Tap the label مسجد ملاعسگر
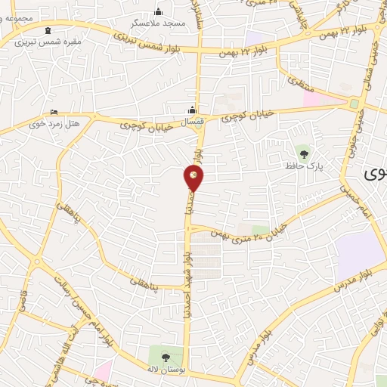tap(158, 23)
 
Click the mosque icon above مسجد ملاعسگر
tap(158, 11)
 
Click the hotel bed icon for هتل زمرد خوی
tap(54, 111)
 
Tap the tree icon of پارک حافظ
tap(304, 154)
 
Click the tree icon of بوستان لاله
tap(166, 357)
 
